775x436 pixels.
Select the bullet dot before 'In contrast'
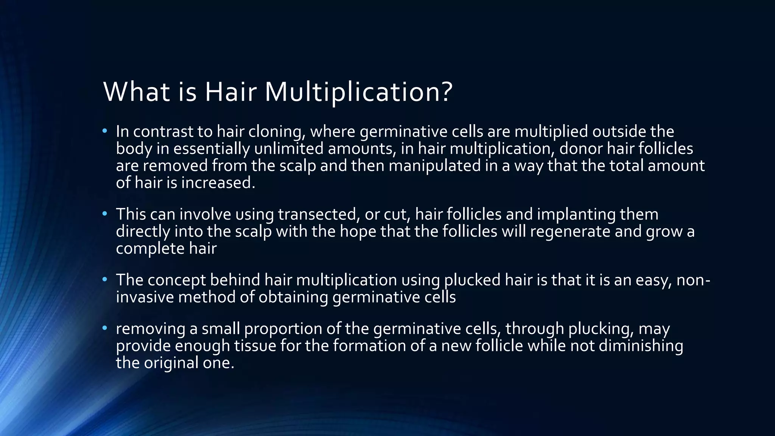pos(105,131)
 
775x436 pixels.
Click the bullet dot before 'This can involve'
pos(105,214)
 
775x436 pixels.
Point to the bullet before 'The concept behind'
pos(105,280)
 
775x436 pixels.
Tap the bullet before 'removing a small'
pos(105,328)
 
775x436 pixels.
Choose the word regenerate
pos(570,231)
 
